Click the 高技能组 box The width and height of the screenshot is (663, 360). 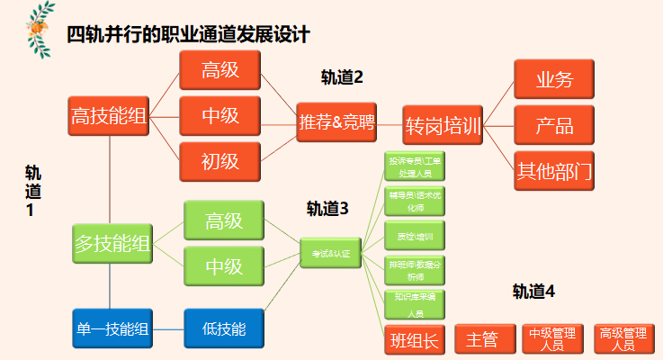pos(109,115)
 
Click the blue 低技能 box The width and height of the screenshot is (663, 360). pos(224,328)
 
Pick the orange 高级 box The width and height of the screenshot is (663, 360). pos(220,69)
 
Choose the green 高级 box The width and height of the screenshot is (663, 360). pos(224,220)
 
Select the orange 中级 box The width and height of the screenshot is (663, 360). pos(220,115)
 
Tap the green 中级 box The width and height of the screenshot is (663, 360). pos(224,265)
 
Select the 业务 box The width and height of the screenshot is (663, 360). pos(554,79)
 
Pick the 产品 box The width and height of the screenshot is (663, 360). pos(554,124)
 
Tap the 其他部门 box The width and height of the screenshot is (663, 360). pos(554,170)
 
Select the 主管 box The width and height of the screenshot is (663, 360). pos(482,339)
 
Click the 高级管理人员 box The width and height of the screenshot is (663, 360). pos(623,338)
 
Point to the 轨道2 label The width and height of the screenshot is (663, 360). pos(342,77)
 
